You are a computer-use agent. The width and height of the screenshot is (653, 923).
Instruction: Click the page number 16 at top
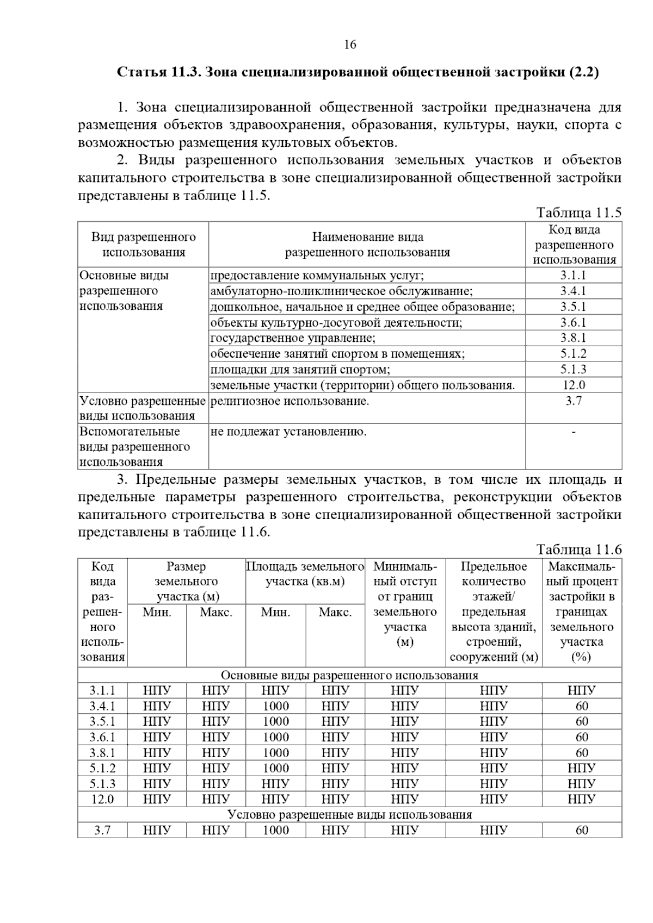[x=350, y=45]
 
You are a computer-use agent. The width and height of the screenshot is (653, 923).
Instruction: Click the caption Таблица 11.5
[x=578, y=213]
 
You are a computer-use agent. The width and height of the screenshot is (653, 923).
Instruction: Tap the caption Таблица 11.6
[x=578, y=550]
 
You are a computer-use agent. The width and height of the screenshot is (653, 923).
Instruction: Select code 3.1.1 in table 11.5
[x=574, y=276]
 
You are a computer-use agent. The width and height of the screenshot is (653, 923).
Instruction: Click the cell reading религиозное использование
[x=289, y=401]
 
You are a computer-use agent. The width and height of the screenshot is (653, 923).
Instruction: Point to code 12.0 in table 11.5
[x=574, y=385]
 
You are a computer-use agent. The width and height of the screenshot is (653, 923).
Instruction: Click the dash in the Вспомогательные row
[x=574, y=432]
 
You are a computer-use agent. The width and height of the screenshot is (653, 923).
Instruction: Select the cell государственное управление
[x=293, y=338]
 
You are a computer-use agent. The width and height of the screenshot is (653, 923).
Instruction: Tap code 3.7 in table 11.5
[x=574, y=401]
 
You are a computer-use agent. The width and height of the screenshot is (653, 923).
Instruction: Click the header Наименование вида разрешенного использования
[x=367, y=245]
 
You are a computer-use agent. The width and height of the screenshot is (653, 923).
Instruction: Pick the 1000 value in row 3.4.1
[x=276, y=706]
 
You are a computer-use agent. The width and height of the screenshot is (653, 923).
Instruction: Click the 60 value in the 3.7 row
[x=582, y=830]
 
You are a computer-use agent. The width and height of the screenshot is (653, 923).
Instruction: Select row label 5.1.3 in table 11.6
[x=102, y=784]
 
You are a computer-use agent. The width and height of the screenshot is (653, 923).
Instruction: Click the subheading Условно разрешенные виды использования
[x=349, y=815]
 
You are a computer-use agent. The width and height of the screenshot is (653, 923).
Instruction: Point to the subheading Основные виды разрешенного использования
[x=349, y=675]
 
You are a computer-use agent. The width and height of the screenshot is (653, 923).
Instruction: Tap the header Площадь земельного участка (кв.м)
[x=305, y=574]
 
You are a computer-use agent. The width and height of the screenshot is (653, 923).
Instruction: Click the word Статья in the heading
[x=143, y=72]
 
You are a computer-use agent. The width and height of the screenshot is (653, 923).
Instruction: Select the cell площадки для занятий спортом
[x=300, y=370]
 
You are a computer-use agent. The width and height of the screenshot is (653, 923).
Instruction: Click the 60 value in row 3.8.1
[x=582, y=753]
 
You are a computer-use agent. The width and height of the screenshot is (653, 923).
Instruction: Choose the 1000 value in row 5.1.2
[x=276, y=768]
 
